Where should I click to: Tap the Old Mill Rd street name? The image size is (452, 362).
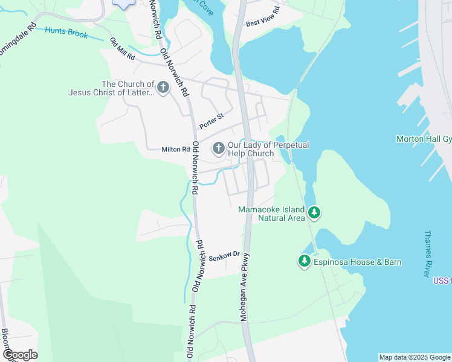[x=122, y=49]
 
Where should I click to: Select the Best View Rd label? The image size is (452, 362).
[x=262, y=17]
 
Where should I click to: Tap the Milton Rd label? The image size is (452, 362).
[x=175, y=150]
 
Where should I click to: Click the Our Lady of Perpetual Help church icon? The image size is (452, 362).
[x=218, y=148]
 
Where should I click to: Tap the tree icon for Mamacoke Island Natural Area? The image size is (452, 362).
[x=314, y=212]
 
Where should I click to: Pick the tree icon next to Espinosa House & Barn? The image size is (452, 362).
[x=304, y=261]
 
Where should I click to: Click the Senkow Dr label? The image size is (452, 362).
[x=224, y=256]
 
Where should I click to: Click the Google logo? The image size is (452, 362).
[x=20, y=355]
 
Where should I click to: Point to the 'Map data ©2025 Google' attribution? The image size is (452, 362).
[x=415, y=357]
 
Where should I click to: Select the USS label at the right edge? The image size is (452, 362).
[x=442, y=281]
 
